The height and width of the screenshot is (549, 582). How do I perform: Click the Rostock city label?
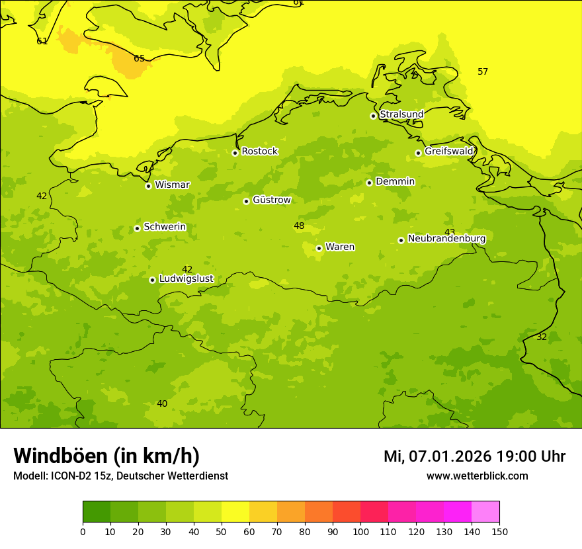(259, 151)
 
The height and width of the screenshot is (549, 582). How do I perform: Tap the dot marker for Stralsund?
(373, 116)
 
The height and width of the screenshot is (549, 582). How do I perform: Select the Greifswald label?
(449, 151)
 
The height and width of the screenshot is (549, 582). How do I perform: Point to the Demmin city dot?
(369, 183)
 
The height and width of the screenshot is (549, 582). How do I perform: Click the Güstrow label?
(272, 200)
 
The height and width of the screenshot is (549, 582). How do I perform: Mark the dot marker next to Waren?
(319, 248)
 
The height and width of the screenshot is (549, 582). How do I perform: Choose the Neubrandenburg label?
(446, 239)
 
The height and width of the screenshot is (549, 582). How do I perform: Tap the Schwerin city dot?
(137, 228)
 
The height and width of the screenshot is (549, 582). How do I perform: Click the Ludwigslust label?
(186, 279)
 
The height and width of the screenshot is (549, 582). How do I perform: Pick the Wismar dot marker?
(148, 186)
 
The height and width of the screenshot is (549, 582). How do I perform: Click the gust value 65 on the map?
(139, 59)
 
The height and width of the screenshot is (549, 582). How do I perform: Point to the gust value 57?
(483, 72)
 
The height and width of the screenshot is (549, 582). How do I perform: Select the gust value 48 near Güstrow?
(299, 226)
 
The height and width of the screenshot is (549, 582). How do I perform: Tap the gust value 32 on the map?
(542, 337)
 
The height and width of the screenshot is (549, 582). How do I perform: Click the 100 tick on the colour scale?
(360, 531)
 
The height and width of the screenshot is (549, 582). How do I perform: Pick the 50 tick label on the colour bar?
(222, 531)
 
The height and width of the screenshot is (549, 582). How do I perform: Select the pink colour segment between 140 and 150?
(485, 512)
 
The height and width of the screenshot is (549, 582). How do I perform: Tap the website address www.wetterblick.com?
(477, 476)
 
